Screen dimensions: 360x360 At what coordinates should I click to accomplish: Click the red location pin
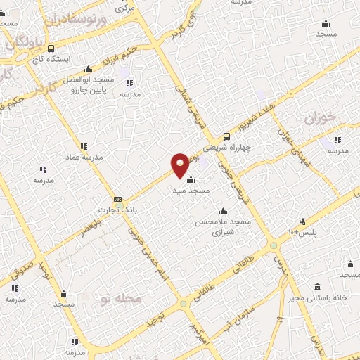[x=180, y=165]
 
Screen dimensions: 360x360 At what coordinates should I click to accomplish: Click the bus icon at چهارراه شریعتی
[x=226, y=136]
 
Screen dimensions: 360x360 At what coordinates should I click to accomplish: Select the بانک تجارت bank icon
[x=117, y=199]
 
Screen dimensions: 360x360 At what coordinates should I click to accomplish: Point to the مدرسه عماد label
[x=84, y=157]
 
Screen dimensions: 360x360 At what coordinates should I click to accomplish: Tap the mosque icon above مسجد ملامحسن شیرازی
[x=224, y=211]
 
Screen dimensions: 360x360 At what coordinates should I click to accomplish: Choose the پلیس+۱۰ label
[x=303, y=232]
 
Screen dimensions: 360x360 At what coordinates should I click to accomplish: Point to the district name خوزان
[x=321, y=117]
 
